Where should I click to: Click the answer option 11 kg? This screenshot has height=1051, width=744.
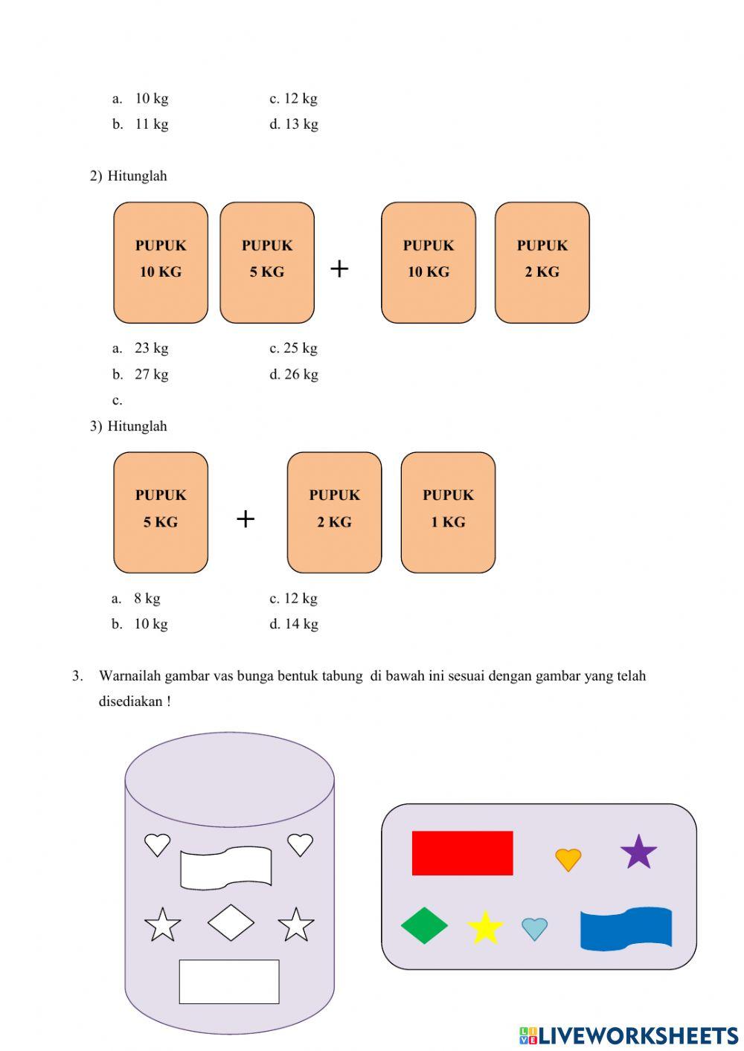(x=151, y=124)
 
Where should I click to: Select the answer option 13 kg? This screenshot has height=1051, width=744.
(x=301, y=124)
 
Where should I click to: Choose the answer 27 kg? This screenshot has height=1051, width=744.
(x=151, y=374)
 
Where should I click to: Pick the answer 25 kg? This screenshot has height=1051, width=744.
(x=301, y=348)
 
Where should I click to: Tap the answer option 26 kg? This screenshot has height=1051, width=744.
(x=301, y=374)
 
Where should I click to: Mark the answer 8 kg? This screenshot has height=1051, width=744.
(x=147, y=598)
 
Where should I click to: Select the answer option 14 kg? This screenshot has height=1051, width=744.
(x=301, y=624)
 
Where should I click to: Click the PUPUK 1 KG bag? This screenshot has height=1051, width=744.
(x=448, y=512)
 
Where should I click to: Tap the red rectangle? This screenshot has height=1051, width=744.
(x=462, y=852)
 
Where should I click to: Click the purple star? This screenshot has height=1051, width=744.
(x=638, y=852)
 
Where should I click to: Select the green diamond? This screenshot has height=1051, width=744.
(x=424, y=925)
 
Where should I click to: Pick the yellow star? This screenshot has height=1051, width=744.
(x=485, y=928)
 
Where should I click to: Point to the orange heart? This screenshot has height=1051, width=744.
(x=568, y=859)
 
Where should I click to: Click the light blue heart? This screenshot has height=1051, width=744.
(x=534, y=928)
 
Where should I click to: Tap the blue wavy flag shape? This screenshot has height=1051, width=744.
(x=626, y=928)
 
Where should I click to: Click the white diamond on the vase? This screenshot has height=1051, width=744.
(x=231, y=922)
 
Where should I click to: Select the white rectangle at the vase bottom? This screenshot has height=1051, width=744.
(x=229, y=981)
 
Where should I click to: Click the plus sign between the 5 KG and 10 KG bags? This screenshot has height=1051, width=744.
(x=339, y=268)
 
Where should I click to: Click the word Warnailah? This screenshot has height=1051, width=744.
(x=129, y=676)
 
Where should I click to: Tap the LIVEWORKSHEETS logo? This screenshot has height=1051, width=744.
(x=629, y=1035)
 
